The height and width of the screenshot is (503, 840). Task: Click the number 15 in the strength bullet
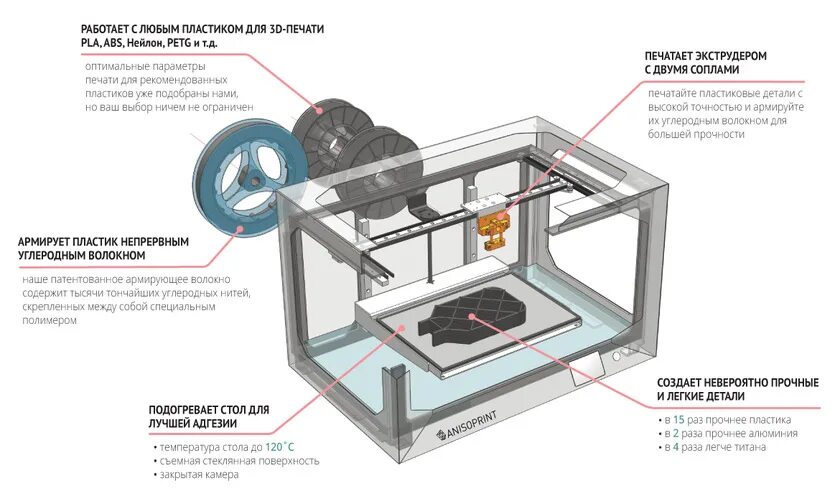(x=679, y=420)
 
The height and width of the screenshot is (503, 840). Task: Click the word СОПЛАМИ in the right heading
(x=709, y=72)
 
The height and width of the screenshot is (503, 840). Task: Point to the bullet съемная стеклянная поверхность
(x=240, y=461)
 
